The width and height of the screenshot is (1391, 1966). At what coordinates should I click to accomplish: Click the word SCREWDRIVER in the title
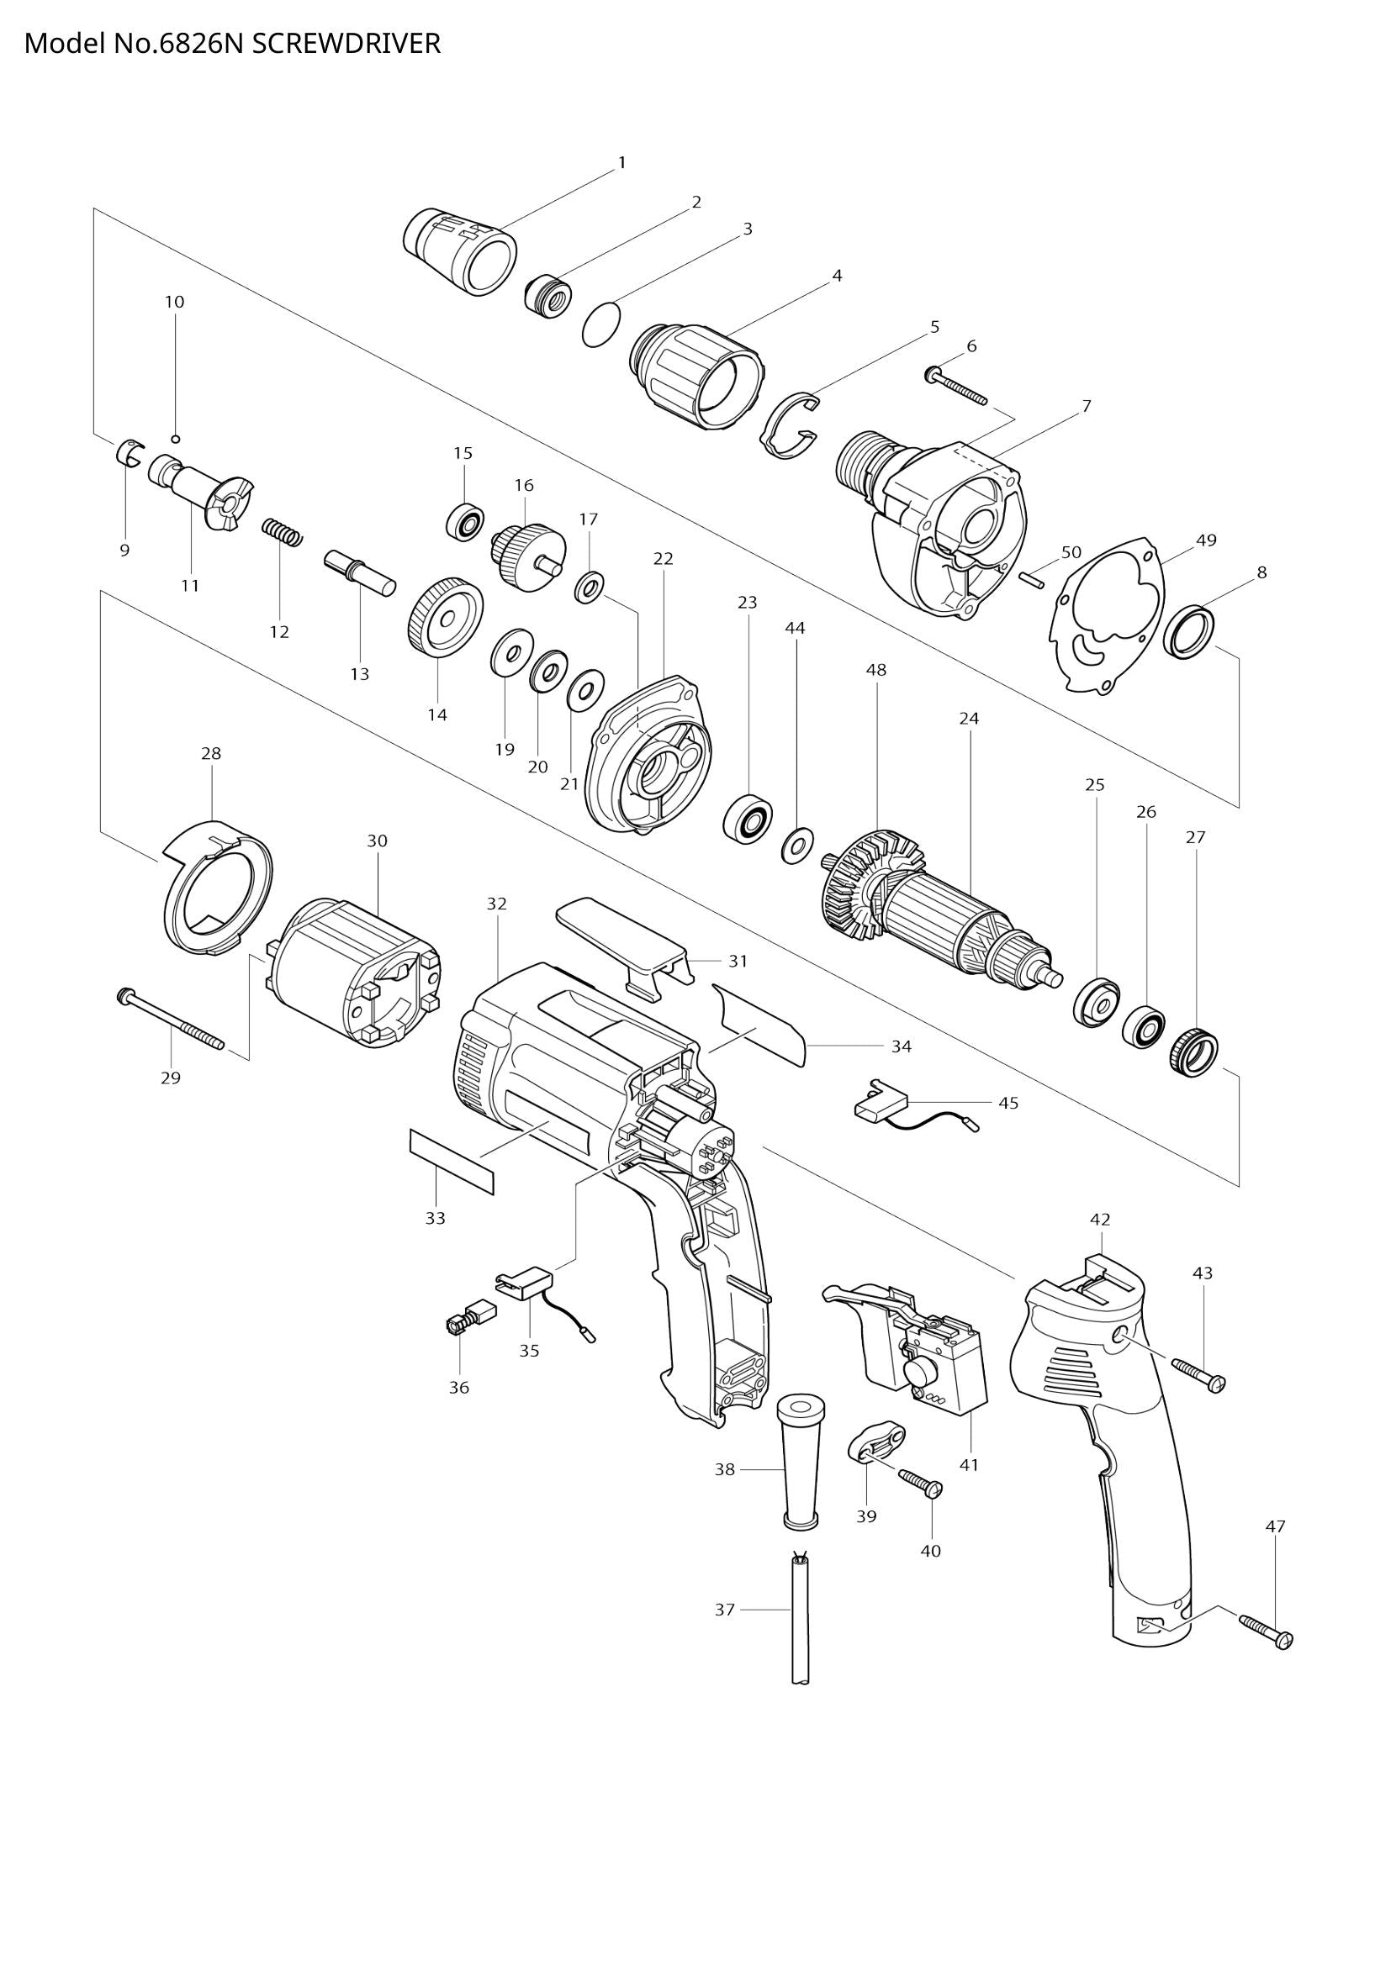(346, 44)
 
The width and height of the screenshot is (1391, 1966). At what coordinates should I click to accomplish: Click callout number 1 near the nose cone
(621, 162)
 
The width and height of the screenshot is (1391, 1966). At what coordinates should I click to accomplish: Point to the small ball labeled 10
(175, 439)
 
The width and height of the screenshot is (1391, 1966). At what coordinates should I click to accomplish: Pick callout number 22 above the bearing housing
(663, 558)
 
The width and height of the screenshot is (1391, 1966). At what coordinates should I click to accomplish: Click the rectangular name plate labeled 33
(452, 1160)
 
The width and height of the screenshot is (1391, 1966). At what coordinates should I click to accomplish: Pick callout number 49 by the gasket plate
(1206, 540)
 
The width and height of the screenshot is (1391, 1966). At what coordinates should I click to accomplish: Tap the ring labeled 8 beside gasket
(1190, 632)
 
